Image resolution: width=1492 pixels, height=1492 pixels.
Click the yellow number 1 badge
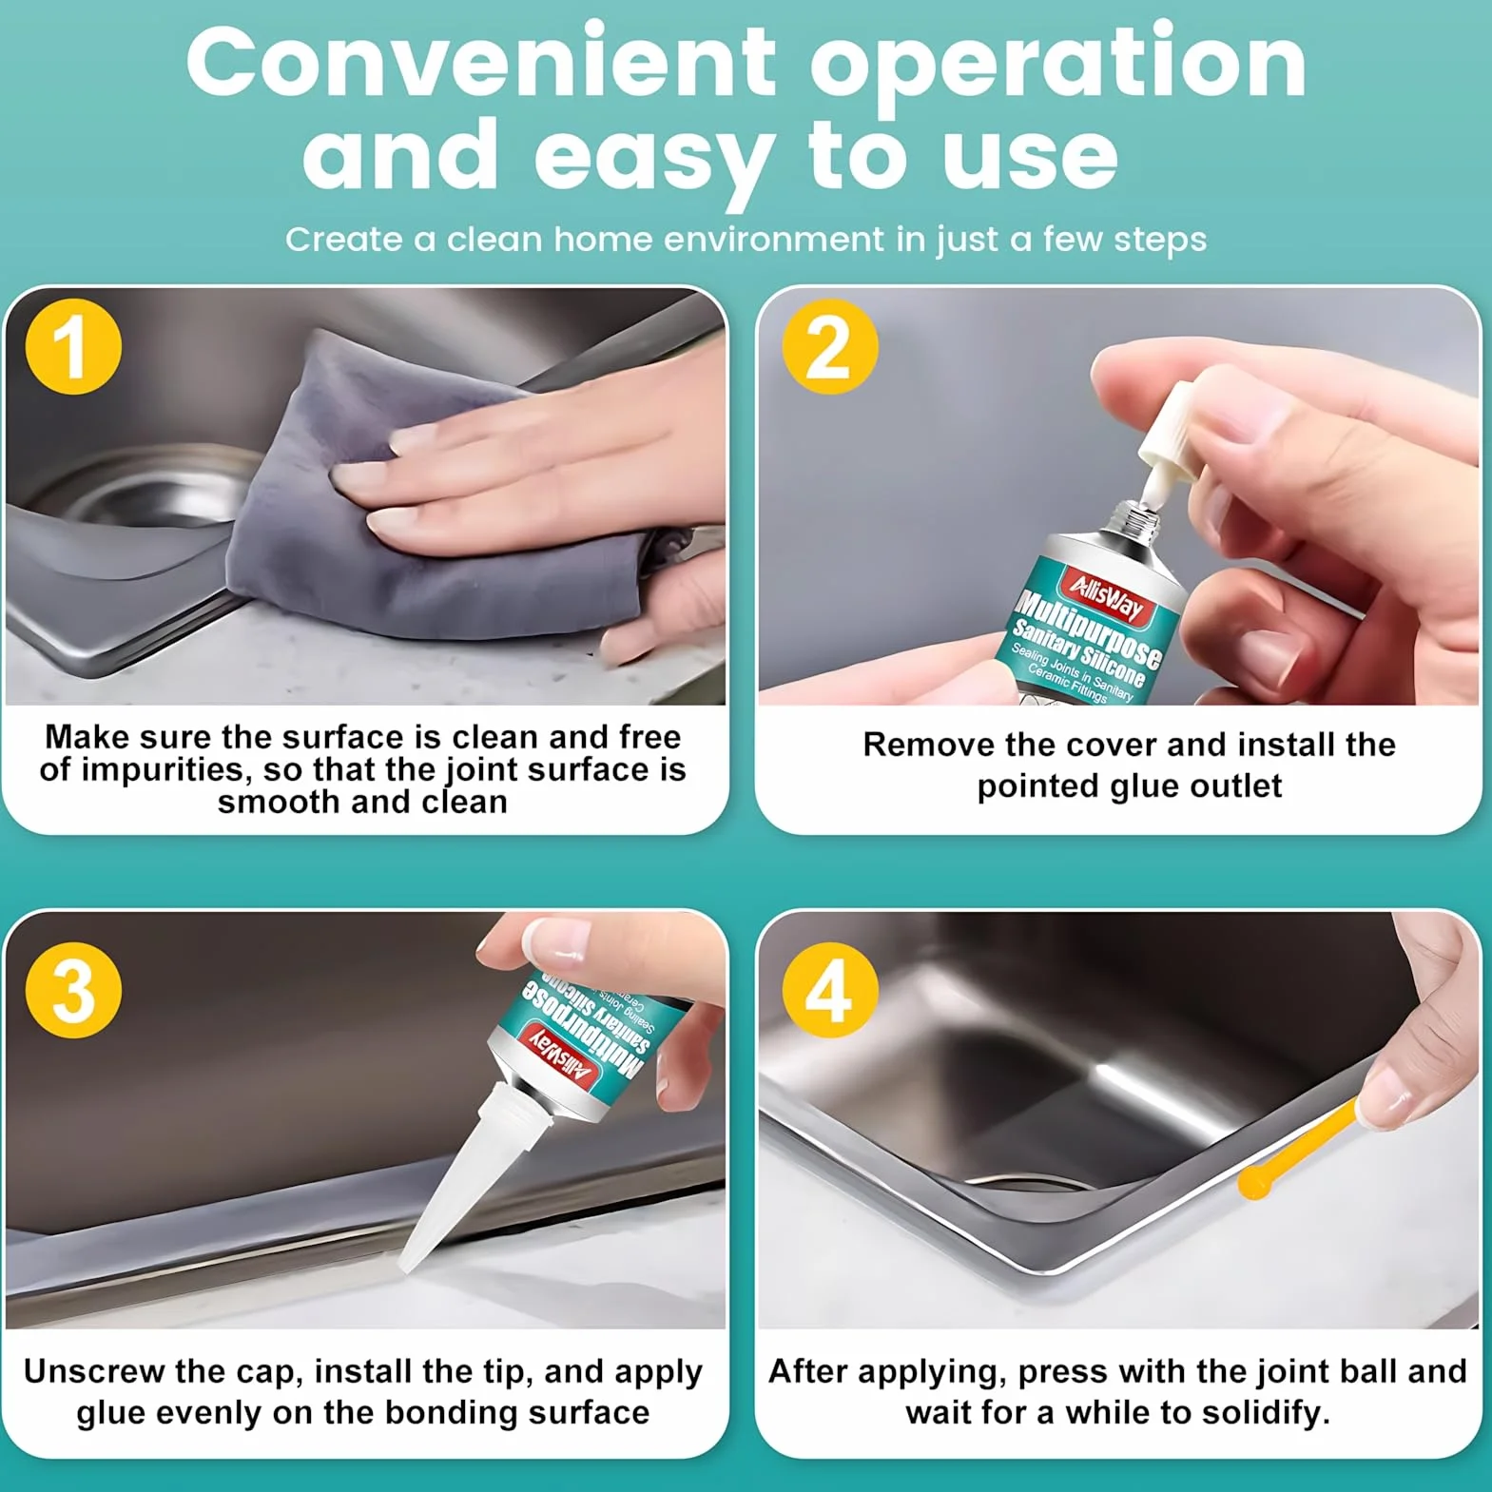pyautogui.click(x=73, y=346)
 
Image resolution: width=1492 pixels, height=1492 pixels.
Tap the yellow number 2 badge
pyautogui.click(x=829, y=346)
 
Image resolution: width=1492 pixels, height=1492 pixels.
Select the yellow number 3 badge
pyautogui.click(x=73, y=990)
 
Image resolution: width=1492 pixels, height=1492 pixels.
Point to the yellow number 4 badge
pyautogui.click(x=829, y=990)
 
